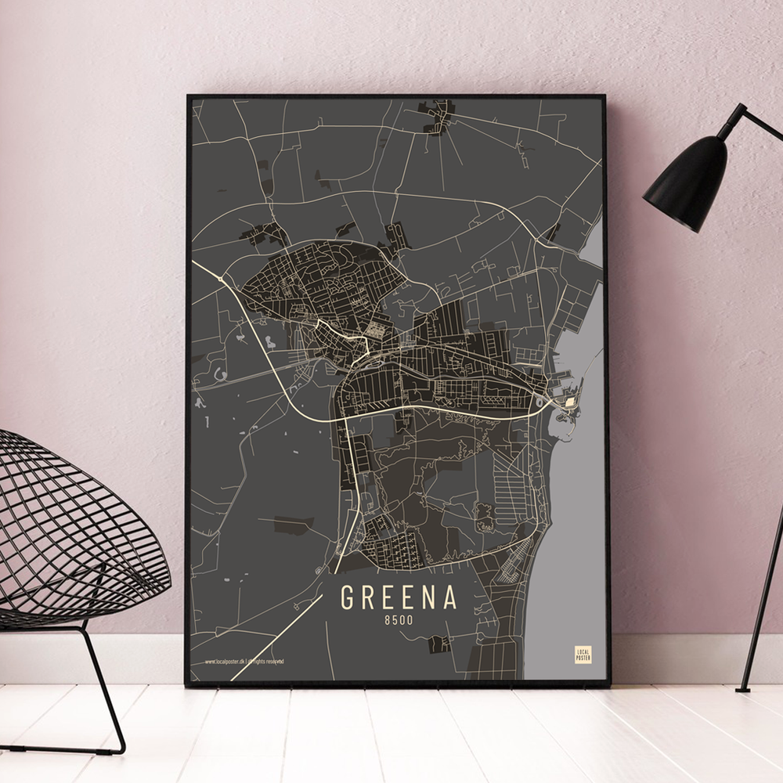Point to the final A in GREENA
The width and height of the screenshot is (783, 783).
pyautogui.click(x=450, y=597)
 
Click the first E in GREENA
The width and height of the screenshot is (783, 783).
pyautogui.click(x=389, y=597)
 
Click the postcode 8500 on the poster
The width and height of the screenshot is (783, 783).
pyautogui.click(x=399, y=621)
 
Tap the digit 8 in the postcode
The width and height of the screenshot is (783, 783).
pyautogui.click(x=388, y=621)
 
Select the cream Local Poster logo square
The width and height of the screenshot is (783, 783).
pyautogui.click(x=583, y=655)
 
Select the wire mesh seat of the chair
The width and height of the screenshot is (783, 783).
pyautogui.click(x=70, y=532)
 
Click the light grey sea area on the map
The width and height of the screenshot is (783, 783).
pyautogui.click(x=568, y=548)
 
